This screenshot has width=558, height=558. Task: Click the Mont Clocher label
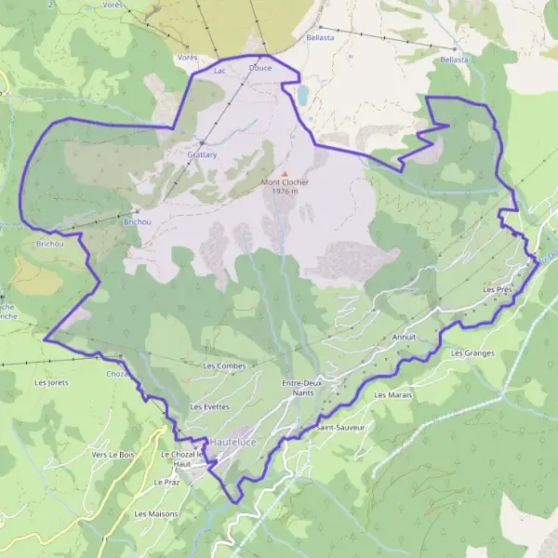(x=285, y=182)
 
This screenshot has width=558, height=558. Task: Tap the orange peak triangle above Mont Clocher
(x=285, y=173)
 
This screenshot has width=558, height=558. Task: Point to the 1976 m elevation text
(x=285, y=192)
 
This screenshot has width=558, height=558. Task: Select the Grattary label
(x=201, y=154)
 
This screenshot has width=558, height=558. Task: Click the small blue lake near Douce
(x=303, y=94)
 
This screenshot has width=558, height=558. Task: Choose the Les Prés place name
(x=498, y=290)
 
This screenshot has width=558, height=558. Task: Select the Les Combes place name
(x=224, y=366)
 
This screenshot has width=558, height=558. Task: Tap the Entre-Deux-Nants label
(x=300, y=388)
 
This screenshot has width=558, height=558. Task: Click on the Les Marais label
(x=392, y=395)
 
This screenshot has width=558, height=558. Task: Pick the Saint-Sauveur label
(x=340, y=428)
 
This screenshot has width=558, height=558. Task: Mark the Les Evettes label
(x=208, y=407)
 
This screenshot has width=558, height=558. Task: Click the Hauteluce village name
(x=231, y=441)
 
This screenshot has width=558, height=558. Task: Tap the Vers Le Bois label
(x=113, y=454)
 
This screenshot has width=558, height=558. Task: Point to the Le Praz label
(x=166, y=484)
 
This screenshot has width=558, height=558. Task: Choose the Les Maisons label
(x=155, y=513)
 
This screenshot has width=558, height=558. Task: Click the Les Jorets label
(x=52, y=382)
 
